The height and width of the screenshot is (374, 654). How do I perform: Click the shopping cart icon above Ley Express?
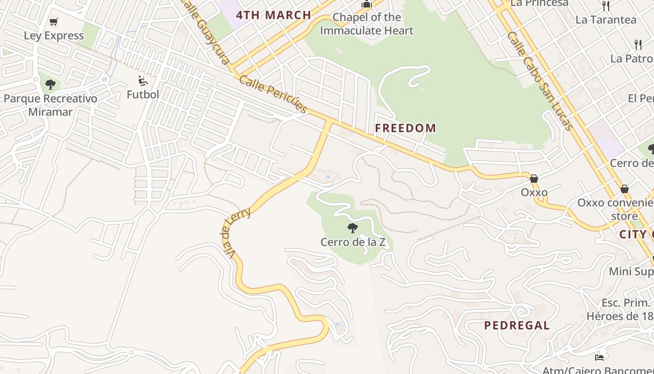click(x=54, y=22)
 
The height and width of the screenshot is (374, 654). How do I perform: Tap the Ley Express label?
click(x=54, y=36)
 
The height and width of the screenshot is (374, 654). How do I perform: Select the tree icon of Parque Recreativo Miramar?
click(x=50, y=85)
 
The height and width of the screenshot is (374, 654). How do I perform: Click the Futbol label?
click(x=143, y=94)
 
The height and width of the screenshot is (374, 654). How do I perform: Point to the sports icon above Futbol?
click(x=143, y=81)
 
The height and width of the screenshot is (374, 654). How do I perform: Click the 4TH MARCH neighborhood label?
click(x=273, y=15)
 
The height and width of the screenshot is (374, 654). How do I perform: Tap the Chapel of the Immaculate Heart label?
click(x=367, y=24)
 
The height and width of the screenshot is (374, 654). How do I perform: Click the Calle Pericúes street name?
click(x=273, y=94)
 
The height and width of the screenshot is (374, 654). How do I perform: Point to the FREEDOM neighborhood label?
click(x=405, y=128)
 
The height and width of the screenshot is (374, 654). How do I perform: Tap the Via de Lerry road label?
click(x=237, y=232)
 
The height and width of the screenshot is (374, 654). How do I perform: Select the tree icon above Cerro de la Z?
click(x=353, y=228)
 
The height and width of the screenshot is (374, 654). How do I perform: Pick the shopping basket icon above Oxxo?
click(x=534, y=179)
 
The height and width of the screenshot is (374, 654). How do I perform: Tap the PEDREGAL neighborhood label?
click(x=517, y=325)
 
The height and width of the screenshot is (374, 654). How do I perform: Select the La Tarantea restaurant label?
click(x=606, y=20)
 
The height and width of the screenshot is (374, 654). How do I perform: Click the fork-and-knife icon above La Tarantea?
click(x=606, y=6)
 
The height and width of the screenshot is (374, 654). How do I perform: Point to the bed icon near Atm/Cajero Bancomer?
click(x=599, y=358)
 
